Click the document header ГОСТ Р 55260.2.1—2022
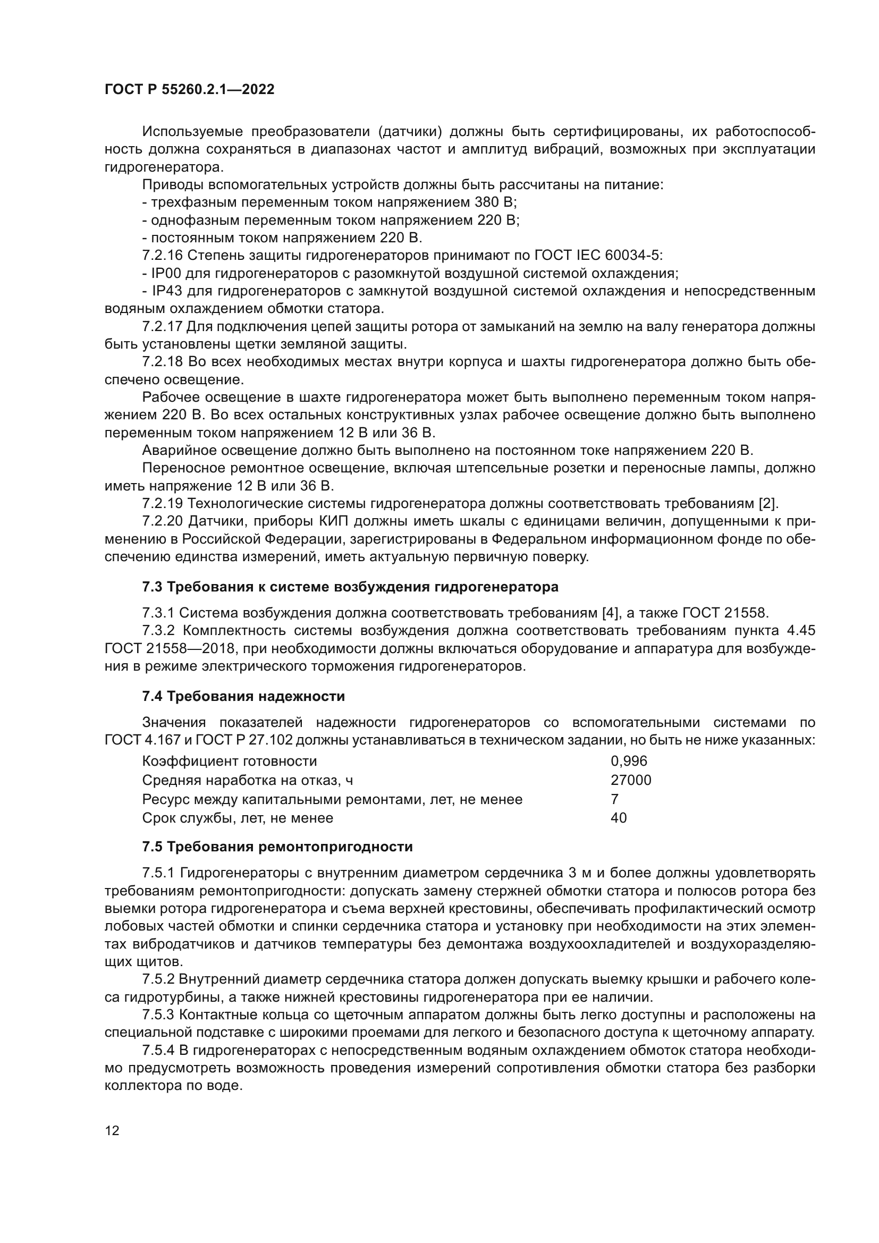click(189, 89)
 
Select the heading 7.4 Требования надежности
click(243, 696)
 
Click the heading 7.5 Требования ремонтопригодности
click(277, 847)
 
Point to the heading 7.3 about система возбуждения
click(350, 587)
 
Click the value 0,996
click(629, 761)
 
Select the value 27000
click(631, 780)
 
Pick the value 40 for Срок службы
click(619, 818)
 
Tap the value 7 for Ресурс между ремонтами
click(614, 799)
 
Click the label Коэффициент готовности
click(230, 761)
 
